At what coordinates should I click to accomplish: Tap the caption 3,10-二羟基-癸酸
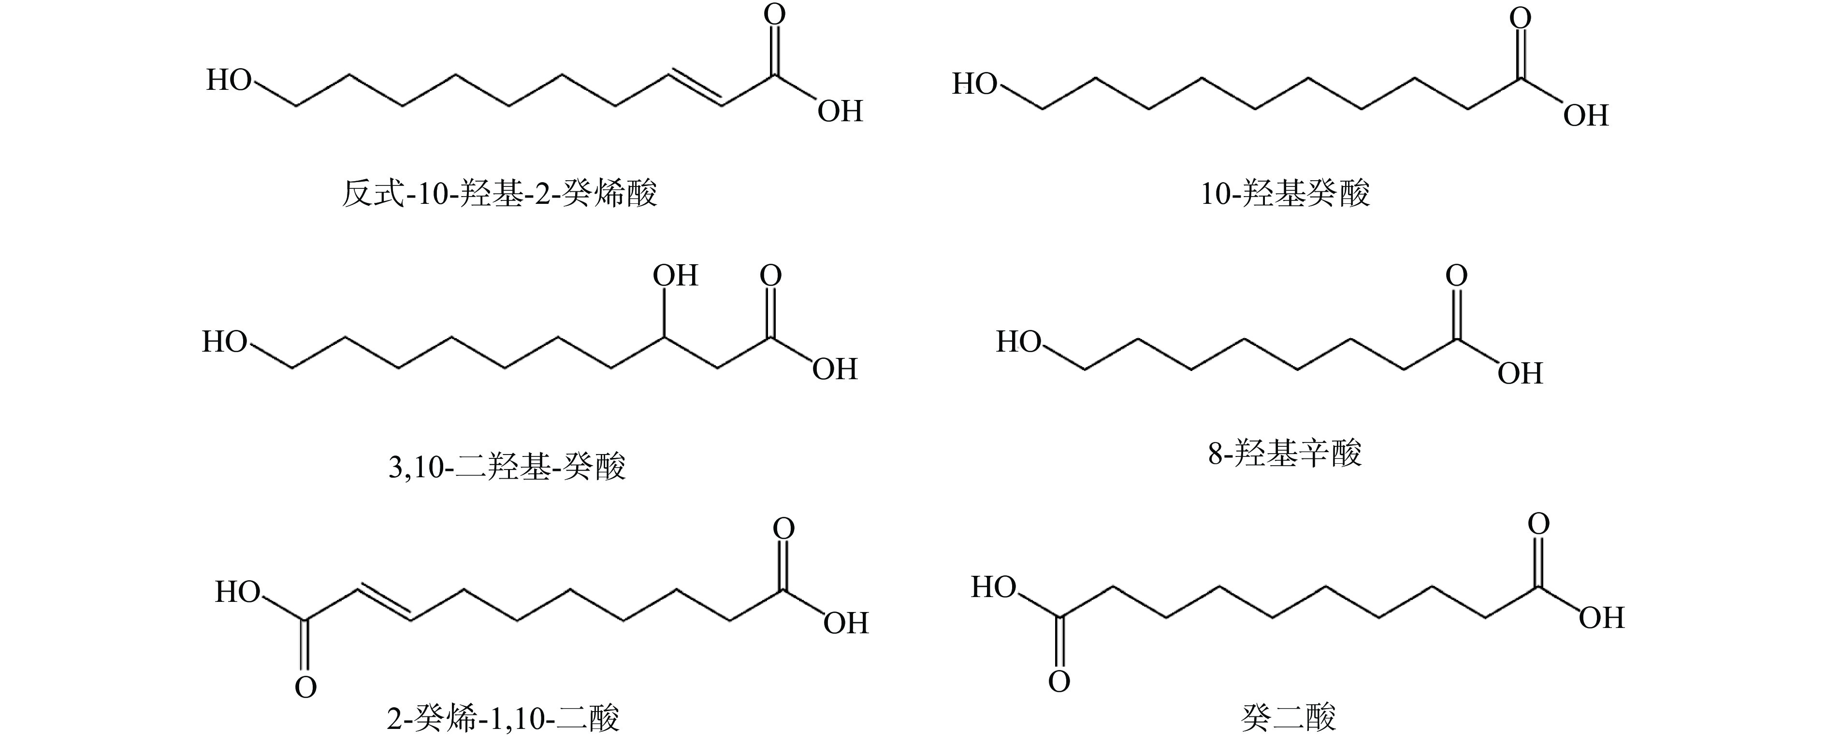[x=507, y=467]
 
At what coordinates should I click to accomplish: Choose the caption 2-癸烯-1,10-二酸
[x=503, y=718]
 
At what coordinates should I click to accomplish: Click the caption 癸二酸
[x=1288, y=718]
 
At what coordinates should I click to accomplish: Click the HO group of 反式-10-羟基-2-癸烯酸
[x=229, y=80]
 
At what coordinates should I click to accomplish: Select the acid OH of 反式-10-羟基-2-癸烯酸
[x=840, y=111]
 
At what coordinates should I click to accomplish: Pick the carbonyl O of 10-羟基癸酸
[x=1520, y=18]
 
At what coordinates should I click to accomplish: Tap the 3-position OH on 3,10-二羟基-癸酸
[x=675, y=275]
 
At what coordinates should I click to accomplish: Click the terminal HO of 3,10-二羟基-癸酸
[x=225, y=342]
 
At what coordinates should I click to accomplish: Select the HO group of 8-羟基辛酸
[x=1018, y=342]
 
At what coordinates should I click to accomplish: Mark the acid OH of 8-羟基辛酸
[x=1520, y=373]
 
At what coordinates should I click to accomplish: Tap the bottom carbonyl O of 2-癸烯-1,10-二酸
[x=305, y=687]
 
